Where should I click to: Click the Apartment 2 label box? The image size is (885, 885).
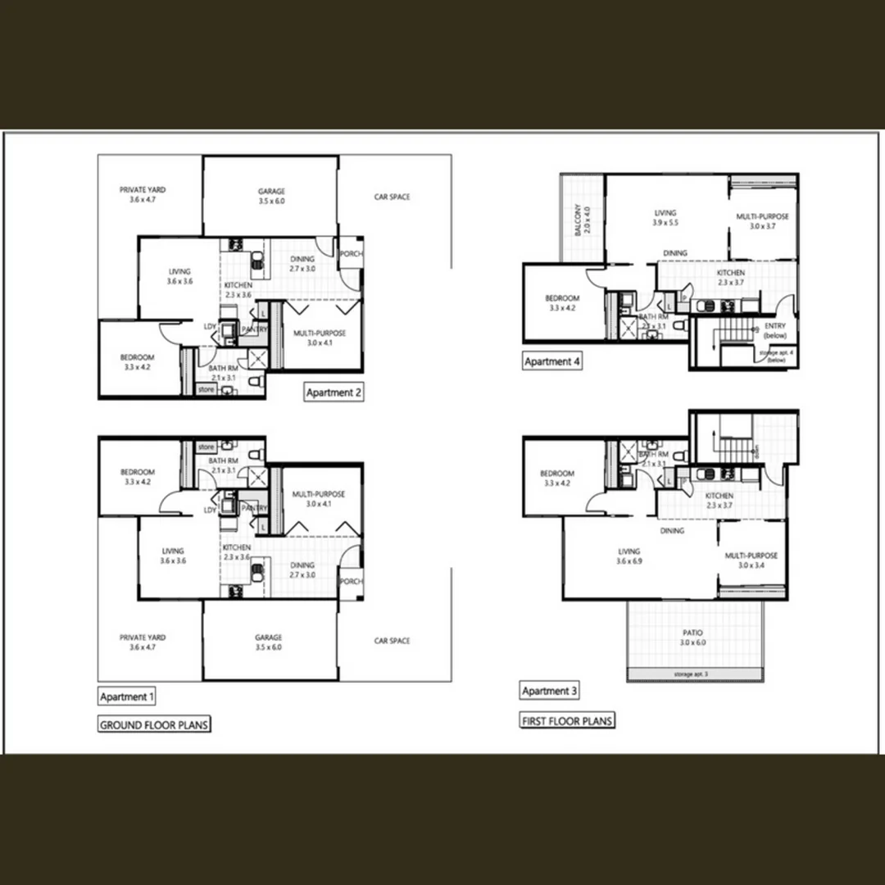[334, 393]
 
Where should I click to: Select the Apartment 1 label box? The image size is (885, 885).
[126, 697]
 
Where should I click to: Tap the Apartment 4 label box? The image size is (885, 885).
[552, 361]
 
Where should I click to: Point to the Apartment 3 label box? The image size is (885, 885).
[550, 691]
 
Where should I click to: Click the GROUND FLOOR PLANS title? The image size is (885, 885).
[154, 724]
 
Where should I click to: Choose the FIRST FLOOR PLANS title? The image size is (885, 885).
[567, 721]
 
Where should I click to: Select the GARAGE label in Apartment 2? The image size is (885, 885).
[270, 191]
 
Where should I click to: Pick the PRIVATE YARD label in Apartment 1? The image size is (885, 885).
[143, 637]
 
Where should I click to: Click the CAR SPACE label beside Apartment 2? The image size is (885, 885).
[392, 197]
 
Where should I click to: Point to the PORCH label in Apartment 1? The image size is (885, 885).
[351, 582]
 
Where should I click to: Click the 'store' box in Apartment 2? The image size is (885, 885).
[206, 390]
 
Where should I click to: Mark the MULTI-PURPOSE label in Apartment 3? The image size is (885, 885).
[751, 556]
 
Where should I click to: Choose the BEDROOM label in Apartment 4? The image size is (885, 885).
[562, 298]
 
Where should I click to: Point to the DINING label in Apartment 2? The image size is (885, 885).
[302, 259]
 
